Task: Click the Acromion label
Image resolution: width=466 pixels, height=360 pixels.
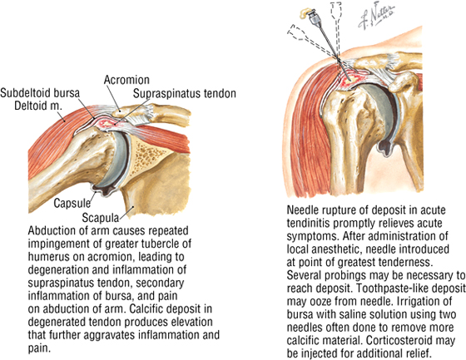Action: click(126, 80)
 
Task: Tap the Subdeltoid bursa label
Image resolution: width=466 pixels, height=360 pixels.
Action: click(40, 93)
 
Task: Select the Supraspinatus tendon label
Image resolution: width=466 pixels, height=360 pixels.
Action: click(184, 94)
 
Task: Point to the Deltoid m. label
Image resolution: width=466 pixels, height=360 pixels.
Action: click(38, 106)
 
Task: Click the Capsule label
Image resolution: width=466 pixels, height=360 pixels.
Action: click(72, 204)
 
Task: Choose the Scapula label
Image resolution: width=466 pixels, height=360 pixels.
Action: click(100, 218)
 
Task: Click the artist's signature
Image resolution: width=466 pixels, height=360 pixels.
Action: click(377, 17)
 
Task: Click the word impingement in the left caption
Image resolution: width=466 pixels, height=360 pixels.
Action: click(62, 244)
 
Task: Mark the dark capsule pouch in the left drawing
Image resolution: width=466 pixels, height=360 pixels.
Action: click(103, 190)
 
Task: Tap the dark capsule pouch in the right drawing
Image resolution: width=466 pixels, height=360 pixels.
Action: click(385, 148)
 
